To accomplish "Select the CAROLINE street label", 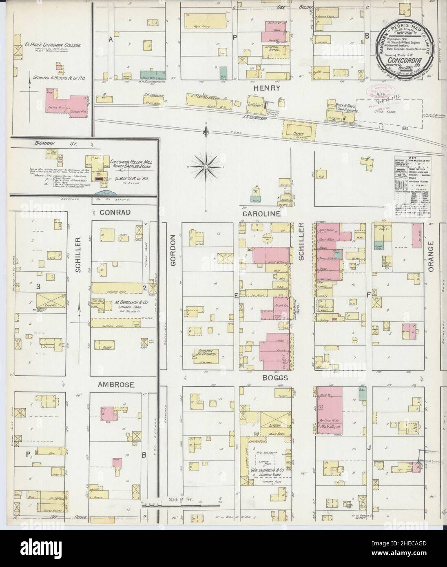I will [261, 213].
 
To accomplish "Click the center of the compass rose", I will [206, 167].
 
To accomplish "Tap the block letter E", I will [236, 294].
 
